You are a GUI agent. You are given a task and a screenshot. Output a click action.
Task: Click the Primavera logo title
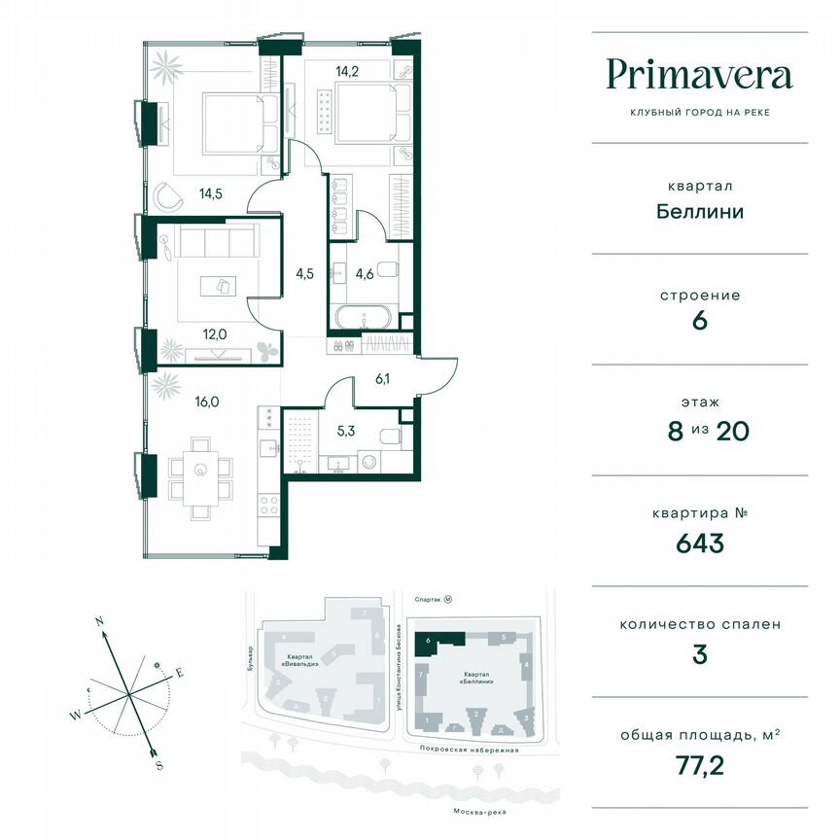tap(699, 75)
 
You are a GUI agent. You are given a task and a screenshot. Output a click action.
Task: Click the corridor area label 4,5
tap(304, 273)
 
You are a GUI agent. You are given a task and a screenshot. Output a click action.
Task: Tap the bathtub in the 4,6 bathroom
tap(363, 317)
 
